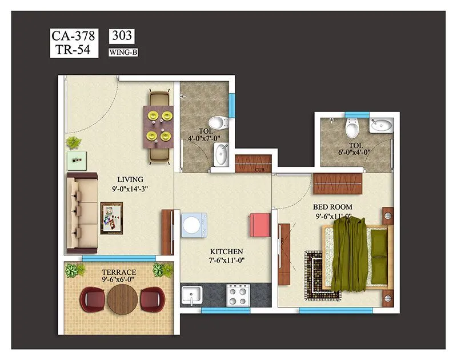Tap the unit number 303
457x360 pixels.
tap(121, 36)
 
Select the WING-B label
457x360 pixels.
tap(123, 53)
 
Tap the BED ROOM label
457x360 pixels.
tap(332, 206)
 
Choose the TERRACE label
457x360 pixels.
tap(119, 272)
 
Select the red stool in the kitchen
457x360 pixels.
tap(258, 223)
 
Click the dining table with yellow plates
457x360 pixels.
tap(158, 126)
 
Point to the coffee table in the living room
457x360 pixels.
tap(111, 218)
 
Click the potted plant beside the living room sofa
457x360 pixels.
tap(73, 142)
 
